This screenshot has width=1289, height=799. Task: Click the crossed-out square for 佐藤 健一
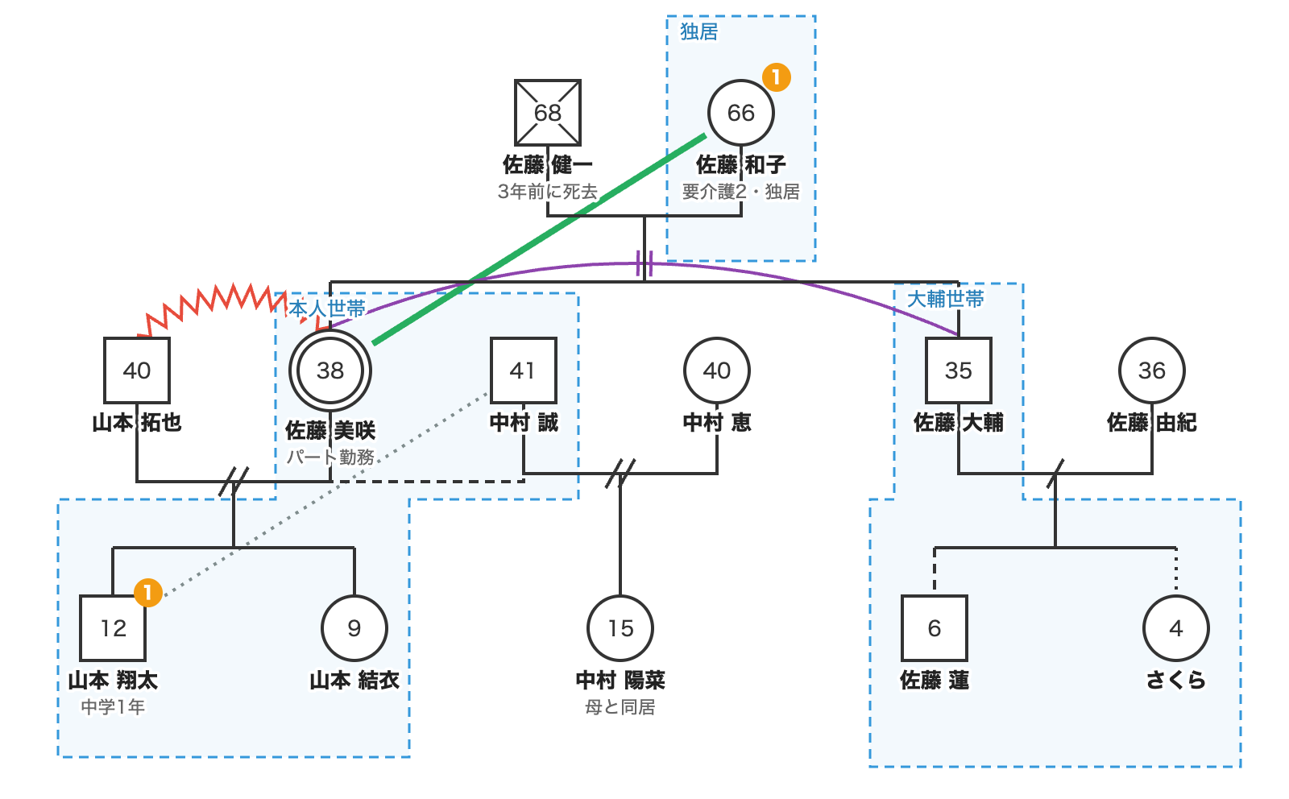[547, 113]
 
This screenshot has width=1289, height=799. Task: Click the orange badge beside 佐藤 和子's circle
[777, 77]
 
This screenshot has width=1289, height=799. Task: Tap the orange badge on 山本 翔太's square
[148, 593]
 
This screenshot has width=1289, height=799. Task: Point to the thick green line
[539, 239]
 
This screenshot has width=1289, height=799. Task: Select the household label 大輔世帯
[946, 299]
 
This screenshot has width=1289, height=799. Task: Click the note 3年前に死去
[547, 192]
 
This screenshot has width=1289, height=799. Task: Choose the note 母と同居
[620, 707]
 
